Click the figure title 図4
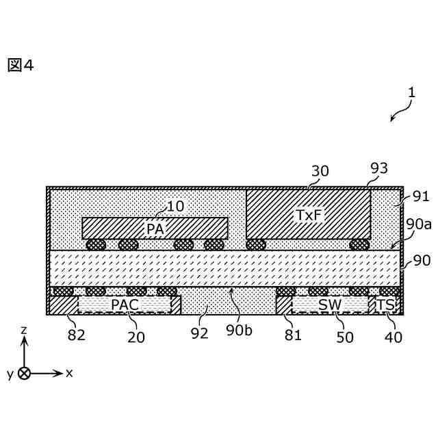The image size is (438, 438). [21, 66]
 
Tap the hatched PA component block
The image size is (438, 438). [155, 228]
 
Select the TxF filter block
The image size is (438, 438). [308, 214]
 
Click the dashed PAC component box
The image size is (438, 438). [125, 305]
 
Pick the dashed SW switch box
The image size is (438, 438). [330, 305]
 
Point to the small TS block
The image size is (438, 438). [386, 305]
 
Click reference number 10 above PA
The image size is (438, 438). [175, 206]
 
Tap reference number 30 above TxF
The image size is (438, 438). [320, 171]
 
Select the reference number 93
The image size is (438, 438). [378, 168]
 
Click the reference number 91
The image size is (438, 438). [421, 196]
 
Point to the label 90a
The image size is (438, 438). [419, 224]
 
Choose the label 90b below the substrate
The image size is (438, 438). [239, 330]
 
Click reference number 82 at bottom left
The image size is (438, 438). [76, 337]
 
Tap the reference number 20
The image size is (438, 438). [136, 337]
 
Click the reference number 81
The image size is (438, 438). [293, 335]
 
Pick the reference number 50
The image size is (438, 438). [344, 337]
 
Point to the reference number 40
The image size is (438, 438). [394, 337]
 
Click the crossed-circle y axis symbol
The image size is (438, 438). [24, 374]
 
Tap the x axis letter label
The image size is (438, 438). [69, 373]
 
